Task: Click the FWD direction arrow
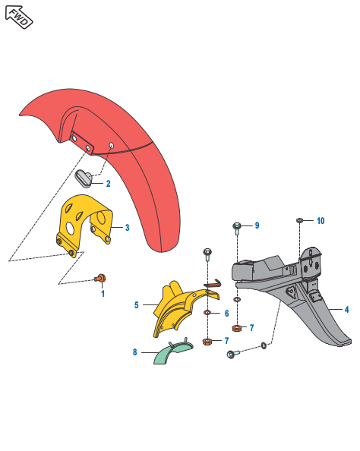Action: [19, 17]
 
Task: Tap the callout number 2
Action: [108, 184]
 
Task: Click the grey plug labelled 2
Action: [84, 178]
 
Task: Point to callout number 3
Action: [127, 228]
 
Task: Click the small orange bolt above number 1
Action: [100, 278]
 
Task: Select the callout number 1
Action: [103, 294]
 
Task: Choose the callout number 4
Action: [346, 310]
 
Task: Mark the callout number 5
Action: [137, 305]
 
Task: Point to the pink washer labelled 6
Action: [207, 312]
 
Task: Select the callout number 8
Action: [134, 352]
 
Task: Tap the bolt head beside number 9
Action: [237, 225]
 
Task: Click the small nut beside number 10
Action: [299, 221]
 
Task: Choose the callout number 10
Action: [321, 221]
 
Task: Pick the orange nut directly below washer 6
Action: [207, 342]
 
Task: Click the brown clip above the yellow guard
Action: [213, 283]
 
